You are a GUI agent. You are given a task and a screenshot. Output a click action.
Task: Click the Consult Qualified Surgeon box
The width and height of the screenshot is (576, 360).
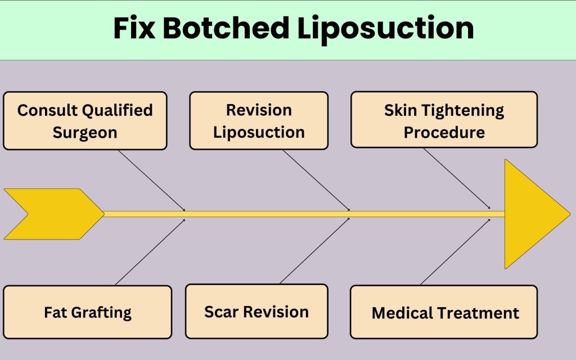85,121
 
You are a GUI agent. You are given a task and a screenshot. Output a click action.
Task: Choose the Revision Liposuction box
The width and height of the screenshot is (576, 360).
259,121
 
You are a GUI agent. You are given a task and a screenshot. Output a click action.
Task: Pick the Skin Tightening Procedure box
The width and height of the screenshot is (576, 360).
444,120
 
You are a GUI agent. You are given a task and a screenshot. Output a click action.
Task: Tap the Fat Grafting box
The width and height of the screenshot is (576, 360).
87,312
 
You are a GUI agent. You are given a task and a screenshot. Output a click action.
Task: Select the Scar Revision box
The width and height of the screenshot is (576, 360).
256,311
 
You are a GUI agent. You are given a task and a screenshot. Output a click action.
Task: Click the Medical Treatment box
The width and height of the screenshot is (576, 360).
444,312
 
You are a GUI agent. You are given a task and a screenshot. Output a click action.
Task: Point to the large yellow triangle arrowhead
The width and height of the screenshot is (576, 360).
532,214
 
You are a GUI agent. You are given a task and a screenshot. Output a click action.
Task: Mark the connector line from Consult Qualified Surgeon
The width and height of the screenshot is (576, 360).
152,179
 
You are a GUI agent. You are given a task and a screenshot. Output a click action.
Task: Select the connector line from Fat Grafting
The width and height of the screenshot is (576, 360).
150,252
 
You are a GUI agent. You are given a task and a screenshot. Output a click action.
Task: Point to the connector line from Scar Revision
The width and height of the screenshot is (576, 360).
314,251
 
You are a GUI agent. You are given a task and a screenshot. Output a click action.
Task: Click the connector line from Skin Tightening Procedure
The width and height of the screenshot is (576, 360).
457,178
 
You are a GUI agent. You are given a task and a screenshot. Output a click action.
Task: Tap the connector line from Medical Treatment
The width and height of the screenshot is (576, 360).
455,252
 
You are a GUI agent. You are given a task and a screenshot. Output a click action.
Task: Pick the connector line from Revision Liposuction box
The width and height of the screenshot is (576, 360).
316,180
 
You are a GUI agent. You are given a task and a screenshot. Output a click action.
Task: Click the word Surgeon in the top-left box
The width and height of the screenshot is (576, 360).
85,133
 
